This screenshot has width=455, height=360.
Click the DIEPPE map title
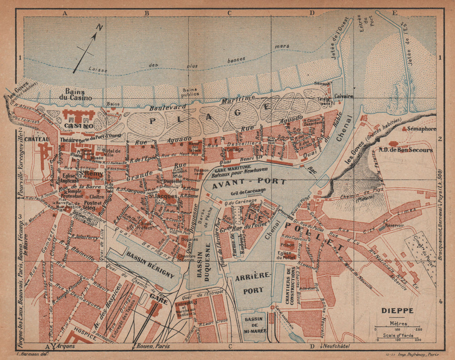coord(394,311)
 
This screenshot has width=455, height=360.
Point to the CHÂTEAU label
coord(38,139)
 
